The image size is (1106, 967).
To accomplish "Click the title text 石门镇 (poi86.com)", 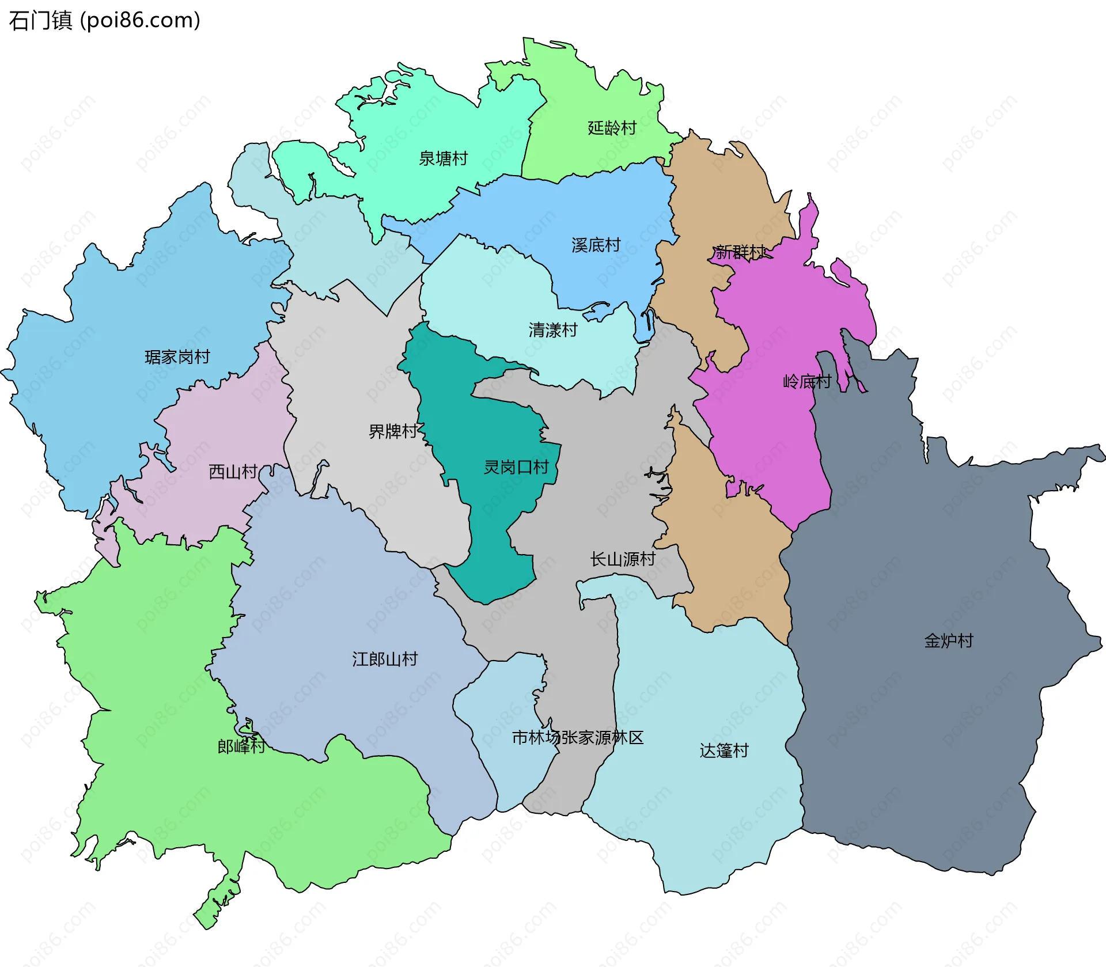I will pyautogui.click(x=104, y=21).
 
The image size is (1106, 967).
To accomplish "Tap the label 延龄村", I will pyautogui.click(x=612, y=128).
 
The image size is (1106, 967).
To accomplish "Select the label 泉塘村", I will pyautogui.click(x=443, y=158).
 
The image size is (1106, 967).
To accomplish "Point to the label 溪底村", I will pyautogui.click(x=596, y=245).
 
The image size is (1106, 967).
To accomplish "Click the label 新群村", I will pyautogui.click(x=740, y=252).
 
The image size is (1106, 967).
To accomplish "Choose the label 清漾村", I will pyautogui.click(x=552, y=330).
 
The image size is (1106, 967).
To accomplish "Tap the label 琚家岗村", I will pyautogui.click(x=177, y=357).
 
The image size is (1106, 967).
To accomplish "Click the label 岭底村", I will pyautogui.click(x=806, y=381).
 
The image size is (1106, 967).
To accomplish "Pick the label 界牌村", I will pyautogui.click(x=392, y=431).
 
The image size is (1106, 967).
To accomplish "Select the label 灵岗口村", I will pyautogui.click(x=516, y=467).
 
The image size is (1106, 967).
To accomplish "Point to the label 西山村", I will pyautogui.click(x=232, y=472).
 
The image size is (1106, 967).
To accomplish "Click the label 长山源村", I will pyautogui.click(x=622, y=559).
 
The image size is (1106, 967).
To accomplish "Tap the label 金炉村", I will pyautogui.click(x=948, y=641).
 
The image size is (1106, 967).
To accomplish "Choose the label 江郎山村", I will pyautogui.click(x=384, y=659).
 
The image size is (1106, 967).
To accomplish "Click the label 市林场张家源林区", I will pyautogui.click(x=577, y=738).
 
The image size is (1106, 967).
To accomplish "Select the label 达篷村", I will pyautogui.click(x=724, y=751).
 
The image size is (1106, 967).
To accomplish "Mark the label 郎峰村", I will pyautogui.click(x=241, y=746).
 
